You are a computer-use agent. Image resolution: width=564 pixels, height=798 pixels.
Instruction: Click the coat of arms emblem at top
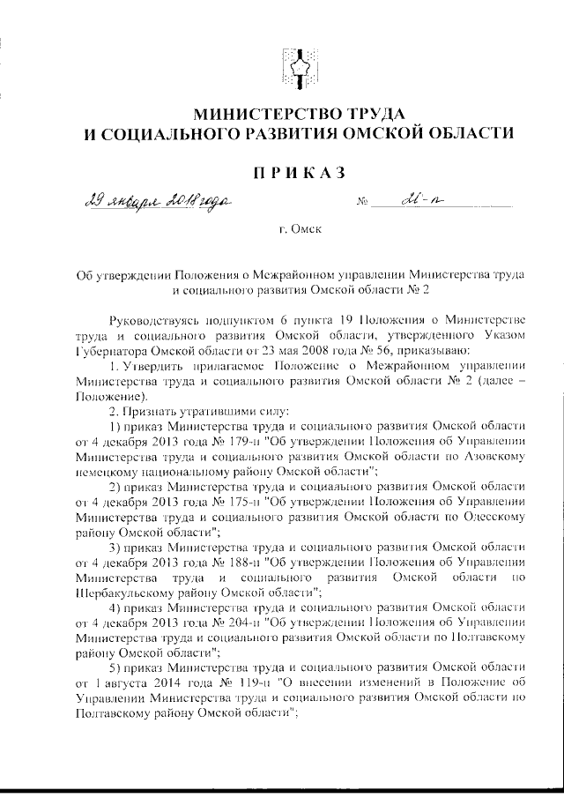coord(295,68)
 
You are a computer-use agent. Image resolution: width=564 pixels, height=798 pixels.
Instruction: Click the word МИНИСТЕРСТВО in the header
coord(264,114)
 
